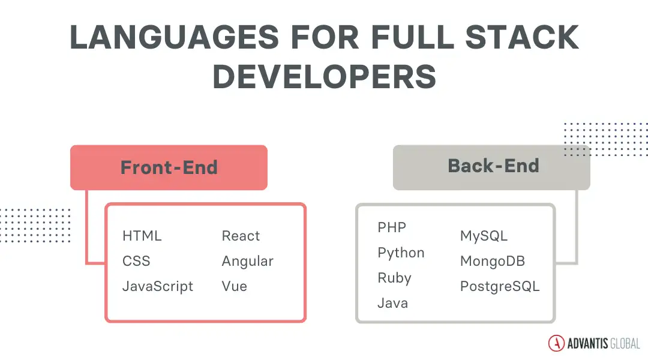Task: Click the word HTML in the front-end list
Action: (142, 236)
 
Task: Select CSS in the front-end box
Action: (136, 261)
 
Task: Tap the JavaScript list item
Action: (158, 286)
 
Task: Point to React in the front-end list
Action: (241, 236)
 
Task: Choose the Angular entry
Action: (247, 261)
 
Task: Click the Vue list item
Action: (234, 286)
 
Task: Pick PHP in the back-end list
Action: (392, 227)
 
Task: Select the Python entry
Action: (401, 253)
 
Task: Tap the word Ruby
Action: (394, 278)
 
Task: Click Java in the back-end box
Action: (392, 303)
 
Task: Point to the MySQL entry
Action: (484, 236)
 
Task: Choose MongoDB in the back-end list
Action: (492, 261)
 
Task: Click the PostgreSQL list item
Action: (500, 286)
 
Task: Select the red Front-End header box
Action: (169, 167)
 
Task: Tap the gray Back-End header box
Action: (492, 167)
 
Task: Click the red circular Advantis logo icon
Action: (556, 343)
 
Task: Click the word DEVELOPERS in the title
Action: (324, 77)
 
